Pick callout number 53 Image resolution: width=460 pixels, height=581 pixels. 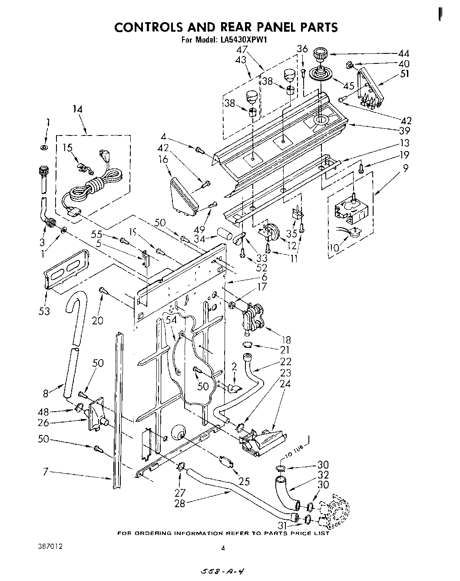pos(44,311)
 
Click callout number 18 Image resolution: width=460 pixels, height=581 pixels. pos(286,340)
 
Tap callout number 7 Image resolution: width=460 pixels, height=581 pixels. pos(45,472)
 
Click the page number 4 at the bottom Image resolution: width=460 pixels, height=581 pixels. pos(223,548)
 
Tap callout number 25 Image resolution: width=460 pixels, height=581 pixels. pos(245,481)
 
